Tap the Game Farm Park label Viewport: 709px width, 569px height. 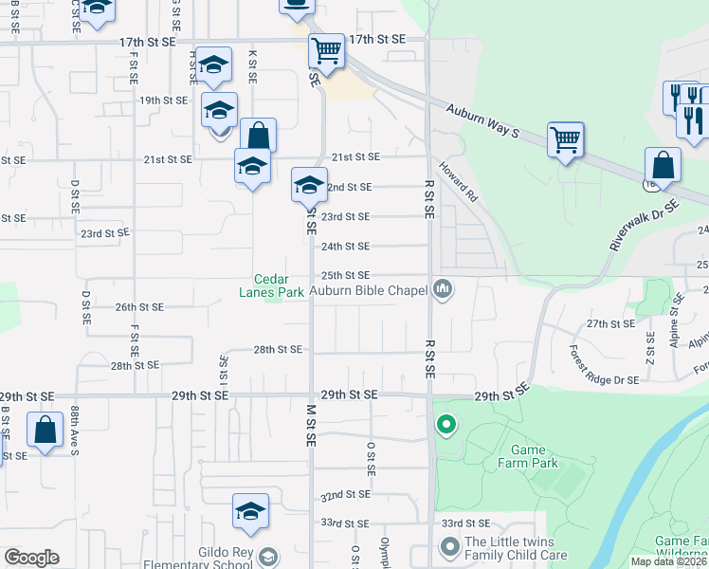(528, 457)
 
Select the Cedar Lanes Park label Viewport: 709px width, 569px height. (280, 285)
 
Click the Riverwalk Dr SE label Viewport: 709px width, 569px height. (645, 226)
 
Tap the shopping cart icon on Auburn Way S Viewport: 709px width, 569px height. (566, 141)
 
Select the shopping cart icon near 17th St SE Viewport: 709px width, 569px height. (326, 50)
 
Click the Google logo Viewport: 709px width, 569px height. (31, 558)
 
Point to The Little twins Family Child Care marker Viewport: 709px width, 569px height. (449, 547)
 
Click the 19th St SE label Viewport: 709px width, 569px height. (162, 100)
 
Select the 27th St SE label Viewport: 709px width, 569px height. (609, 323)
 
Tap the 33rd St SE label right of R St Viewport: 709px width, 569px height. (465, 523)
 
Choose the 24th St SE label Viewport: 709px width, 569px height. (345, 246)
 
